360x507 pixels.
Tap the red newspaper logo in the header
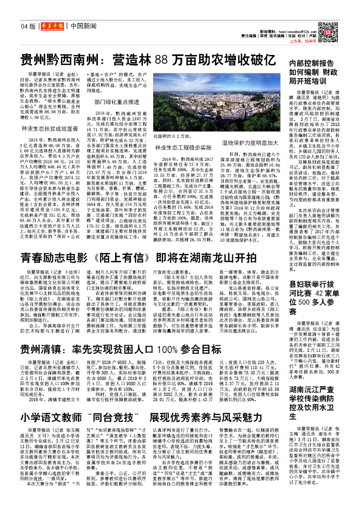coord(51,27)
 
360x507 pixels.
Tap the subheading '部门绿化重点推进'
coord(116,101)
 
